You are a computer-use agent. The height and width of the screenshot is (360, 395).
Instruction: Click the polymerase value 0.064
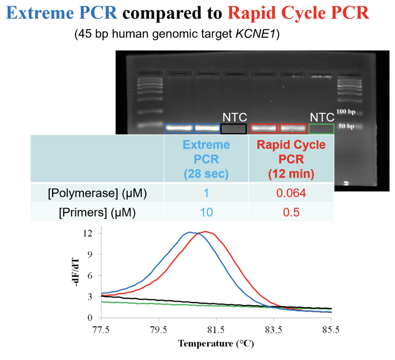pyautogui.click(x=291, y=193)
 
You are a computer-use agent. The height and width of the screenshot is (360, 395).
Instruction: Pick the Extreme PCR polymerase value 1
pyautogui.click(x=206, y=193)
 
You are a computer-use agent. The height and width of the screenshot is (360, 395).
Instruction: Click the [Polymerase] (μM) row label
pyautogui.click(x=97, y=193)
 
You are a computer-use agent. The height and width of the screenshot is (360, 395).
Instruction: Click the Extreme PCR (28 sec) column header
pyautogui.click(x=206, y=159)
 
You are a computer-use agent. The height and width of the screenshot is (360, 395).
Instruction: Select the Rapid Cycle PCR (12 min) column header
pyautogui.click(x=291, y=159)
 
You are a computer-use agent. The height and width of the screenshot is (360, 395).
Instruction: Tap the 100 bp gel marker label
pyautogui.click(x=346, y=112)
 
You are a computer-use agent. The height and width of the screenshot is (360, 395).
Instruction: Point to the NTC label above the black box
pyautogui.click(x=235, y=117)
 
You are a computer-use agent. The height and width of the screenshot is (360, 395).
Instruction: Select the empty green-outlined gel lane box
pyautogui.click(x=321, y=128)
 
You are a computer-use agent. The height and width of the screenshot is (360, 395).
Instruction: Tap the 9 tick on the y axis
pyautogui.click(x=90, y=254)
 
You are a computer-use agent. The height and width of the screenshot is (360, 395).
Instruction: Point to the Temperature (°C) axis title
pyautogui.click(x=216, y=343)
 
